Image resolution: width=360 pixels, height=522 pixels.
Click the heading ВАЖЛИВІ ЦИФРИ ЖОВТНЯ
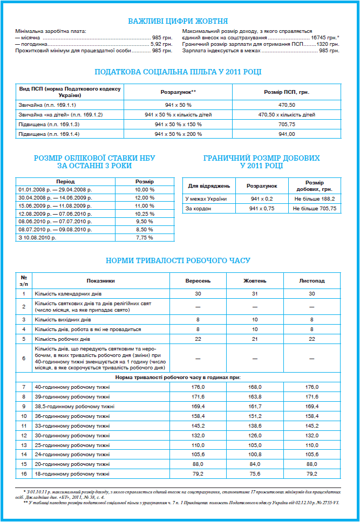tap(178, 21)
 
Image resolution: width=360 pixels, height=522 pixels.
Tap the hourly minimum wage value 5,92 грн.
tap(161, 44)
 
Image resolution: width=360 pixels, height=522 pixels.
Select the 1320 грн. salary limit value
tap(328, 44)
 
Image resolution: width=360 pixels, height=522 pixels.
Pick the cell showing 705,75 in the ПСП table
tap(287, 125)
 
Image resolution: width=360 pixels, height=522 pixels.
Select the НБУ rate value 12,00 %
tap(144, 198)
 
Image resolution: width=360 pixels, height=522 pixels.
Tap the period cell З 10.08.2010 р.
tap(38, 237)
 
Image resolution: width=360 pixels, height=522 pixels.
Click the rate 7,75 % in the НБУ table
tap(144, 237)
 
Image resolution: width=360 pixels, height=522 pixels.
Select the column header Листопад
tap(312, 280)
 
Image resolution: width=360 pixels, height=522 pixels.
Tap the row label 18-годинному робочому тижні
tap(72, 474)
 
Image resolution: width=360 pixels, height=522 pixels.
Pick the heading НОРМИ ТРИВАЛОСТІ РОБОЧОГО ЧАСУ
tap(178, 260)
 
